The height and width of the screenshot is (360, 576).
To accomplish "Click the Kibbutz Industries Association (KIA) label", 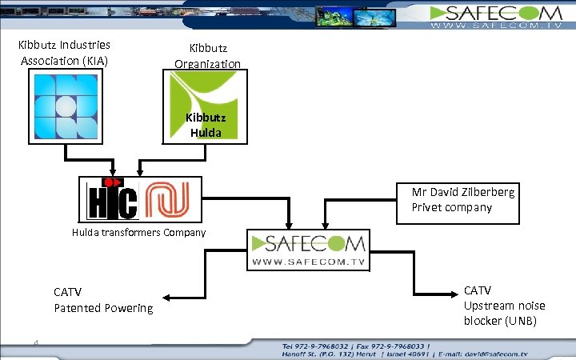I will [x=64, y=52].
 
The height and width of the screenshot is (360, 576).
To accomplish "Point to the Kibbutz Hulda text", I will [x=206, y=125].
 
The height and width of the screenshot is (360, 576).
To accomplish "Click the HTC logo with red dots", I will [x=111, y=198].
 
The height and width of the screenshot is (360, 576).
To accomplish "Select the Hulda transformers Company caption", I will [x=138, y=233].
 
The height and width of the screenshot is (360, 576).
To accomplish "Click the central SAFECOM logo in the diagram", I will [x=308, y=250].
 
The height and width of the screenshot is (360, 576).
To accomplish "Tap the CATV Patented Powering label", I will [x=102, y=299].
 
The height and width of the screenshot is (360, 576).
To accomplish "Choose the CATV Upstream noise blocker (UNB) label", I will [x=500, y=305].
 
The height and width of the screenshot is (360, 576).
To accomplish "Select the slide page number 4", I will [x=37, y=343].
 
